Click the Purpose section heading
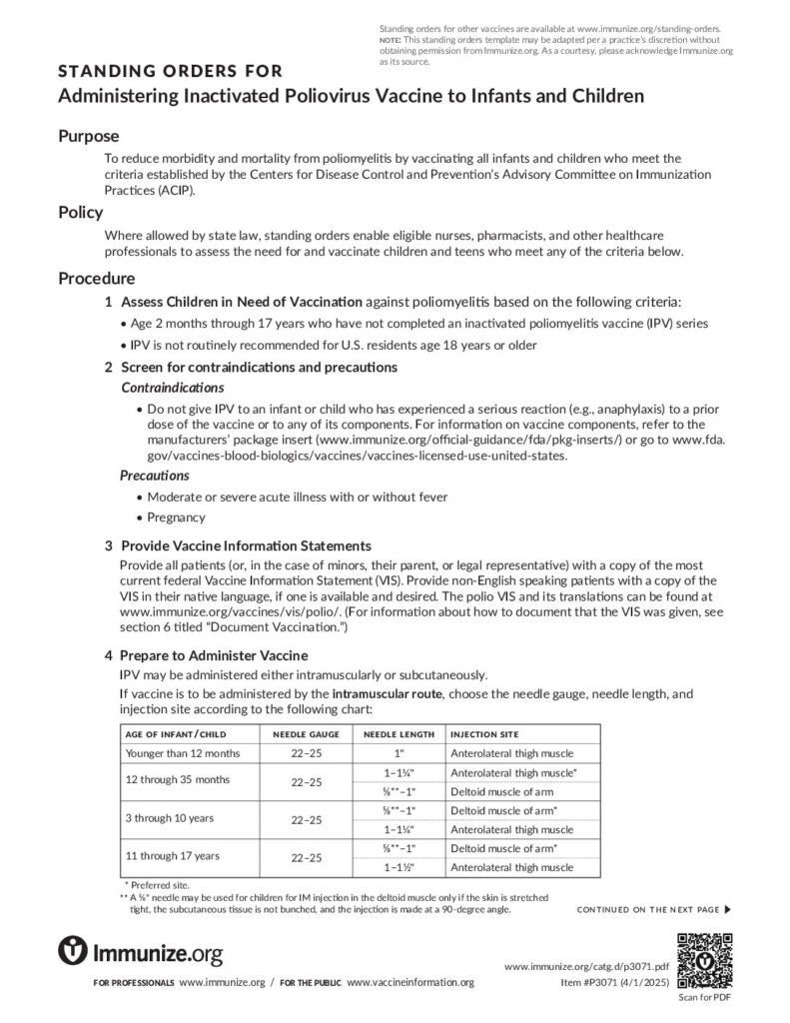(x=88, y=136)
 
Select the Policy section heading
(x=80, y=212)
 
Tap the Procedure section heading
(x=96, y=278)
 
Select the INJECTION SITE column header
(x=484, y=734)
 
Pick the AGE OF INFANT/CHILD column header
(x=176, y=734)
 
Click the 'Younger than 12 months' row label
(x=182, y=753)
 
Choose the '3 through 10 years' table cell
(x=170, y=818)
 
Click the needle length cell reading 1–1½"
(x=398, y=866)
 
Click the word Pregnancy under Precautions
(x=176, y=517)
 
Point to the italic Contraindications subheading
(x=172, y=387)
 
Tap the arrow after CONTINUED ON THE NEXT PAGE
(x=728, y=909)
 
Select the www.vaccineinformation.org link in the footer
(x=409, y=983)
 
